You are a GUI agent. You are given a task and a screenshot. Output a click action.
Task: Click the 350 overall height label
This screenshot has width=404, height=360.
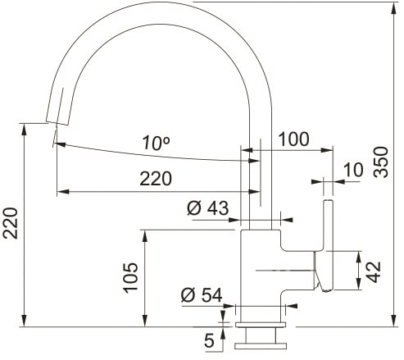point(381,162)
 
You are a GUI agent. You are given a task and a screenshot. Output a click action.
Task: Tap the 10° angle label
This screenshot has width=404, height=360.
point(156,143)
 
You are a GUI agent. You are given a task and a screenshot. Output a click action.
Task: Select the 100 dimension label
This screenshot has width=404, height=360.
point(293,139)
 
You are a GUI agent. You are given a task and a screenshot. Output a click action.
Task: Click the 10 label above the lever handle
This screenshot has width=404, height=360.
point(353,170)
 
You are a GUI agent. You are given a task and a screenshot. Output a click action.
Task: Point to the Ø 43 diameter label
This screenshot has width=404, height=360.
point(207,208)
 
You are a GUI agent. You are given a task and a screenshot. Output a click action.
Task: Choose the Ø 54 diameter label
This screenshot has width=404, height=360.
point(202,295)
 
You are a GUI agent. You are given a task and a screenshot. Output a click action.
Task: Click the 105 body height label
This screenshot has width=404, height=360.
point(131,278)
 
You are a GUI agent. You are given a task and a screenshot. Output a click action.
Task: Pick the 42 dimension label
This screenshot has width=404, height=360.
point(374,271)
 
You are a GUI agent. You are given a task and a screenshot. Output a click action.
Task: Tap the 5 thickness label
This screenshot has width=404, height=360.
point(209,340)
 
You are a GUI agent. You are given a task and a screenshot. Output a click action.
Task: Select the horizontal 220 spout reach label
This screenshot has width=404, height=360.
point(156,179)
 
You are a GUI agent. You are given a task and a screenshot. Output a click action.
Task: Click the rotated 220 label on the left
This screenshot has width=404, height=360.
point(11,223)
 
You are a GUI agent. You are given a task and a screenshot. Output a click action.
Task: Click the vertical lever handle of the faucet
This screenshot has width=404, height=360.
point(328,245)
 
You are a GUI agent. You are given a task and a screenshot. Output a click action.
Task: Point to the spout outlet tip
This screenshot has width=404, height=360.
point(57,122)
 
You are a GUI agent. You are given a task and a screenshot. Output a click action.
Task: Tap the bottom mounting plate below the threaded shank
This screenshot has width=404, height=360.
point(261,346)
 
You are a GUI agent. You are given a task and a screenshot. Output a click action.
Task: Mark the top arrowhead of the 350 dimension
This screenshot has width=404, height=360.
point(393,8)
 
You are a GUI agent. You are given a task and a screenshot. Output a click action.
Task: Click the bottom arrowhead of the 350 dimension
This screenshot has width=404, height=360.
point(393,321)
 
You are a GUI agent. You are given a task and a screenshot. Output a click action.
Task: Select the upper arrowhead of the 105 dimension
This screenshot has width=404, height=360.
point(145,236)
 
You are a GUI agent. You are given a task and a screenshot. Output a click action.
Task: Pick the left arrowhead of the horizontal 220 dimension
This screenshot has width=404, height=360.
point(63,192)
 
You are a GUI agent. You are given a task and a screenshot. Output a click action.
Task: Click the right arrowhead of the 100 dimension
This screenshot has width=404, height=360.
point(327,150)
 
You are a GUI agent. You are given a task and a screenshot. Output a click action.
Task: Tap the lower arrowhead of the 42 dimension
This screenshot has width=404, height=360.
point(359,284)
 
